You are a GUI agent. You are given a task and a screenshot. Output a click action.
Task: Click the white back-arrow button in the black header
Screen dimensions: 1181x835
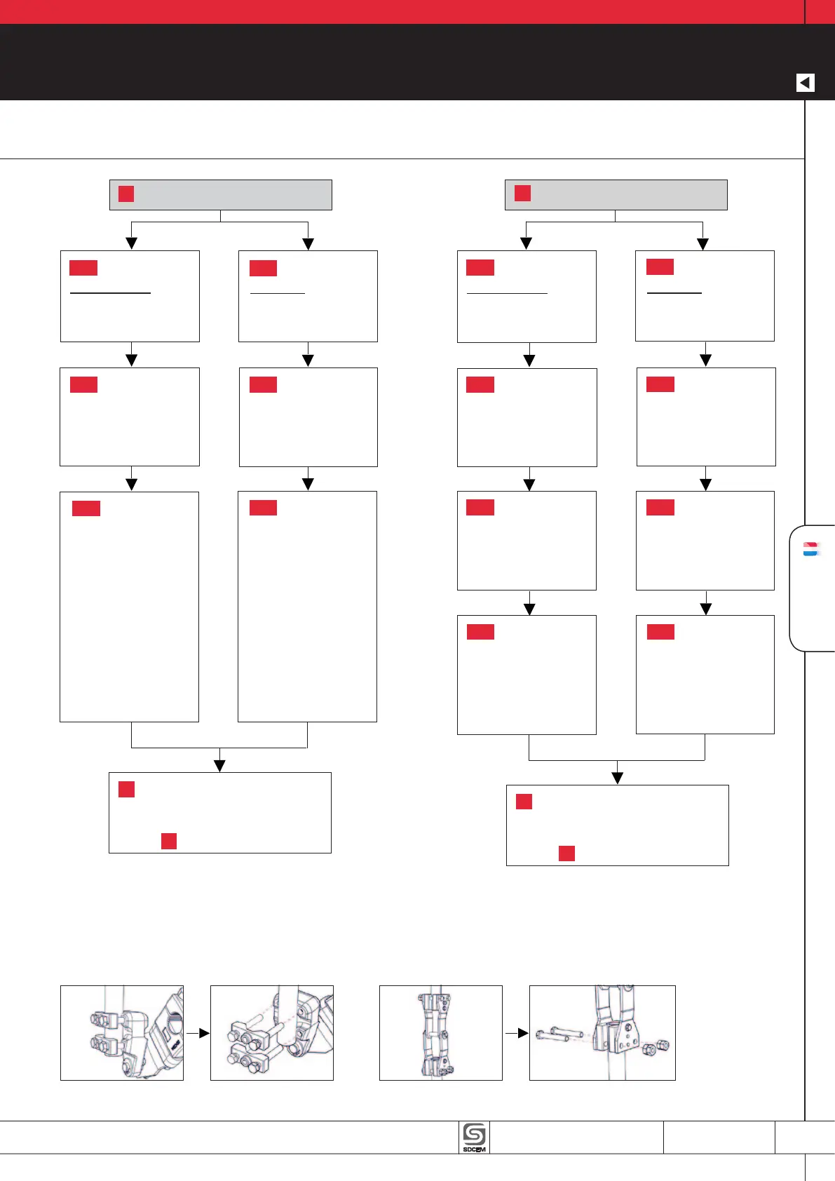[x=806, y=83]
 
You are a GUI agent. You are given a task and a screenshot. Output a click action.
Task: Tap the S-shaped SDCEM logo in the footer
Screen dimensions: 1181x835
[x=474, y=1133]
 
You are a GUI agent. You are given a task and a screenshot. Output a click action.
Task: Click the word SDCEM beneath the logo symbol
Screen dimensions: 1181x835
[x=474, y=1149]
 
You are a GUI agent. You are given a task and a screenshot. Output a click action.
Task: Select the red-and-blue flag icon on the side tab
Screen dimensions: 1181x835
[x=811, y=549]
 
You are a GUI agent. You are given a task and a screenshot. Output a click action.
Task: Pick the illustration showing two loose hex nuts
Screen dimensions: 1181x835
[x=602, y=1032]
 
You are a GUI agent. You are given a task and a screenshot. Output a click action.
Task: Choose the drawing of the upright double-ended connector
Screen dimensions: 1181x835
[x=440, y=1032]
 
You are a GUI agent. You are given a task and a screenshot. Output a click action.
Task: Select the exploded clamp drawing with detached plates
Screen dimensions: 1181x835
[x=271, y=1032]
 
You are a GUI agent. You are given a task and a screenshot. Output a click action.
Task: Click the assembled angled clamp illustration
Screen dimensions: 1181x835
[x=121, y=1032]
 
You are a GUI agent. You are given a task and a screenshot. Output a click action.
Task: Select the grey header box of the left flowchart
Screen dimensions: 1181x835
[x=220, y=194]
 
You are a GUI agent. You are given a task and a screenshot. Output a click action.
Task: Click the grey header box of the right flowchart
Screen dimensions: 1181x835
[x=616, y=194]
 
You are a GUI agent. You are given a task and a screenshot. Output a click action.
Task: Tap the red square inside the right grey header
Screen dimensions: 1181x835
[x=522, y=193]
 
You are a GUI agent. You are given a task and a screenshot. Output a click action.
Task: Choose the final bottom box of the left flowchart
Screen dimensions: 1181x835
[x=219, y=812]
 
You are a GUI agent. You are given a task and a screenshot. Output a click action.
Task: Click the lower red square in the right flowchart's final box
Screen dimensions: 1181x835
[x=566, y=853]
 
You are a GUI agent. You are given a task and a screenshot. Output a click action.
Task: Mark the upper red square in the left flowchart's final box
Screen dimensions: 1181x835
[x=126, y=789]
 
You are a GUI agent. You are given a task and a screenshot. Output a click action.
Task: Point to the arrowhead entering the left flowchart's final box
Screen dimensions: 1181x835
[x=219, y=765]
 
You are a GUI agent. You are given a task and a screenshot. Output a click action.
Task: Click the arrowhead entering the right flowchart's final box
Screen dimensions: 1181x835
[x=617, y=778]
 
